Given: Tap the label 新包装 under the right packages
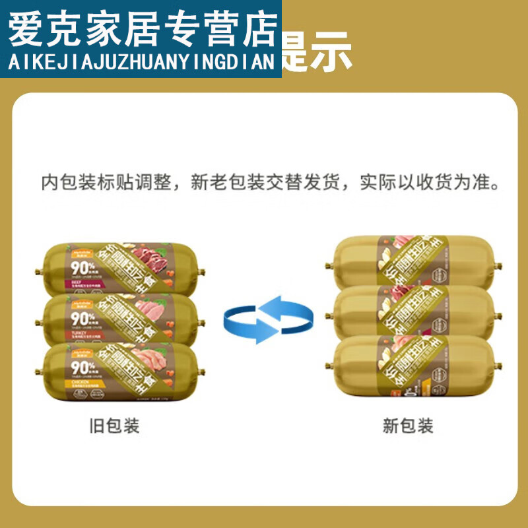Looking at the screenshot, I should click(408, 426).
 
